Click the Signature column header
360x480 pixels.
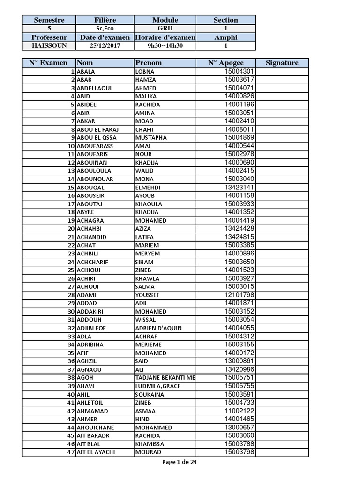click(282, 63)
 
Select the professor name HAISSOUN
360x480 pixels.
click(49, 46)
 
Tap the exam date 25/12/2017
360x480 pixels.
click(105, 46)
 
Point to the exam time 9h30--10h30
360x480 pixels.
click(165, 46)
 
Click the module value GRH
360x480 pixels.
click(165, 28)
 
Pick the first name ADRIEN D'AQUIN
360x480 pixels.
click(158, 328)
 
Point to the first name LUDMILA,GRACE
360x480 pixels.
click(157, 386)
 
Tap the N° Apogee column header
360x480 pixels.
click(226, 63)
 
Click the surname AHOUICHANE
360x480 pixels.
click(95, 427)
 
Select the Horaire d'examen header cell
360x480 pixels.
click(165, 37)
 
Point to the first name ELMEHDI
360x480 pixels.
click(148, 187)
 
